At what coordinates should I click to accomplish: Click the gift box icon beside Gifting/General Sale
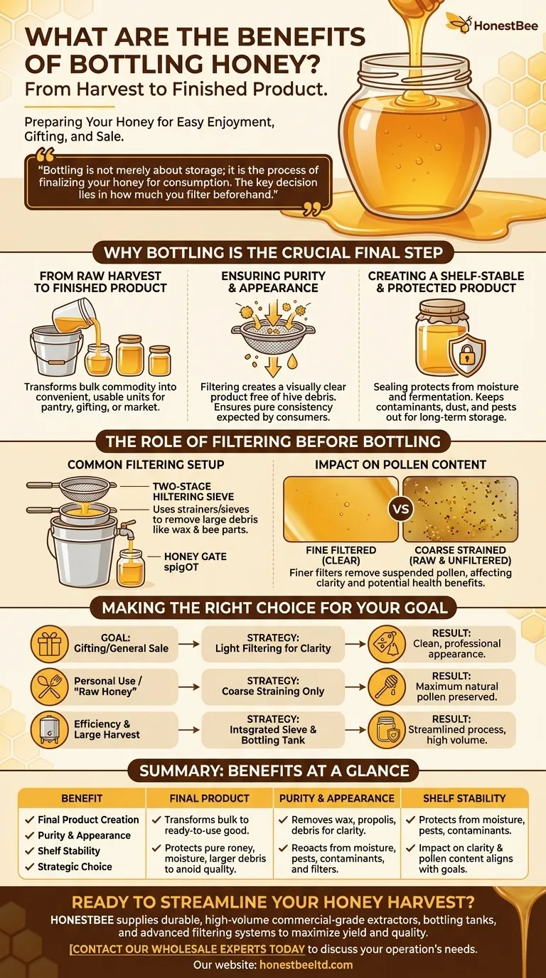click(49, 645)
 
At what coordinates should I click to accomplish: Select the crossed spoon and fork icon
click(49, 687)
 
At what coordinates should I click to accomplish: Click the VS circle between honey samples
click(402, 509)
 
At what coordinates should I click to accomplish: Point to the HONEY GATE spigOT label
click(196, 562)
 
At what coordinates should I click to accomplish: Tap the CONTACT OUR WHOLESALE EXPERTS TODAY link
click(188, 949)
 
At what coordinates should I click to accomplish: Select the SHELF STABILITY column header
click(464, 798)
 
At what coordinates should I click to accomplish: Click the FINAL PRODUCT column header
click(209, 798)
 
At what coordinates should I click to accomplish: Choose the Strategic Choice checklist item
click(75, 866)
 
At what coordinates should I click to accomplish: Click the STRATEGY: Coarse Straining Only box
click(273, 687)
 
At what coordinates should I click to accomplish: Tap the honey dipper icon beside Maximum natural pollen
click(387, 687)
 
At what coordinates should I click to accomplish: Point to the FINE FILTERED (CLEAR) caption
click(341, 555)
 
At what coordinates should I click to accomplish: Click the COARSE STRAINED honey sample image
click(461, 509)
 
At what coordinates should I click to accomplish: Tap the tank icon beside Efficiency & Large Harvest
click(49, 730)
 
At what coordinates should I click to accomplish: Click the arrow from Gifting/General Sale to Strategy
click(189, 644)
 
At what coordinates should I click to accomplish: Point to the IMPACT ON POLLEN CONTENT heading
click(400, 465)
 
